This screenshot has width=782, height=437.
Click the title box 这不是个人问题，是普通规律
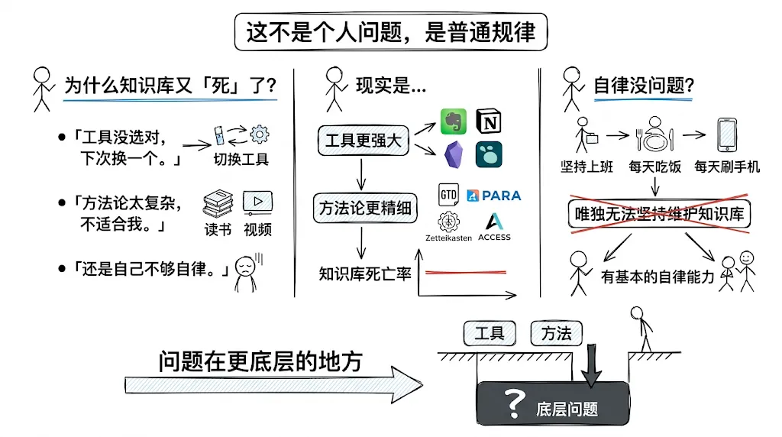pos(390,32)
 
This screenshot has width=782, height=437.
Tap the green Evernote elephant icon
pos(454,121)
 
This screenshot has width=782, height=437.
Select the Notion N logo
pos(489,121)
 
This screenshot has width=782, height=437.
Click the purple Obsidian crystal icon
pos(454,154)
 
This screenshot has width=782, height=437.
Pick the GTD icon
pos(448,195)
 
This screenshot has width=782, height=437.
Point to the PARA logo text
pos(494,196)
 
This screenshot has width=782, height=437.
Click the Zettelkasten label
pos(448,238)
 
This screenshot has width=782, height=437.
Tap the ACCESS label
pos(494,238)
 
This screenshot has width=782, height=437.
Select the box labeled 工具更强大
pos(363,140)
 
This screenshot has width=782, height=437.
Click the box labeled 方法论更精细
pos(365,208)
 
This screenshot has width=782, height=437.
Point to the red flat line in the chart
pos(466,273)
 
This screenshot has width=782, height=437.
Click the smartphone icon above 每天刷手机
pos(727,134)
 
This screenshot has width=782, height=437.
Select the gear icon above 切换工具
pos(260,134)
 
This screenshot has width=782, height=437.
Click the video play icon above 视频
pos(257,202)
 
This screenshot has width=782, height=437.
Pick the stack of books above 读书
pos(218,203)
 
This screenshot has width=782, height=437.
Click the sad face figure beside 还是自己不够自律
pos(247,273)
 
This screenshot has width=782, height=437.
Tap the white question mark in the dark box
pos(514,403)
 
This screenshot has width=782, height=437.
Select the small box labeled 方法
pos(556,333)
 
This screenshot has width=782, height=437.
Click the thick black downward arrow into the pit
pos(592,365)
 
